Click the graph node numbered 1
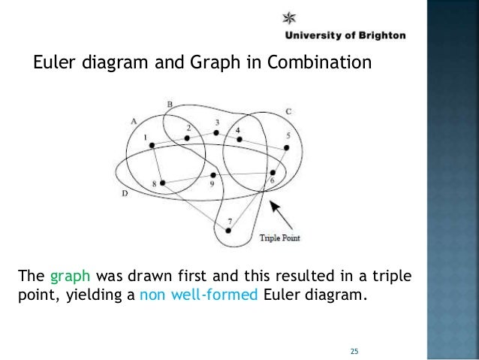pyautogui.click(x=152, y=145)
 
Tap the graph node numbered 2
pyautogui.click(x=187, y=138)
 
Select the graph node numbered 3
pyautogui.click(x=216, y=133)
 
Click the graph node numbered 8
pyautogui.click(x=162, y=182)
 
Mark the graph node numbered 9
pyautogui.click(x=213, y=175)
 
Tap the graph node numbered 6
pyautogui.click(x=272, y=174)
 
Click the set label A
pyautogui.click(x=133, y=120)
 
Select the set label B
pyautogui.click(x=170, y=104)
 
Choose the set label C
pyautogui.click(x=288, y=112)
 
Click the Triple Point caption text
pyautogui.click(x=279, y=239)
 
